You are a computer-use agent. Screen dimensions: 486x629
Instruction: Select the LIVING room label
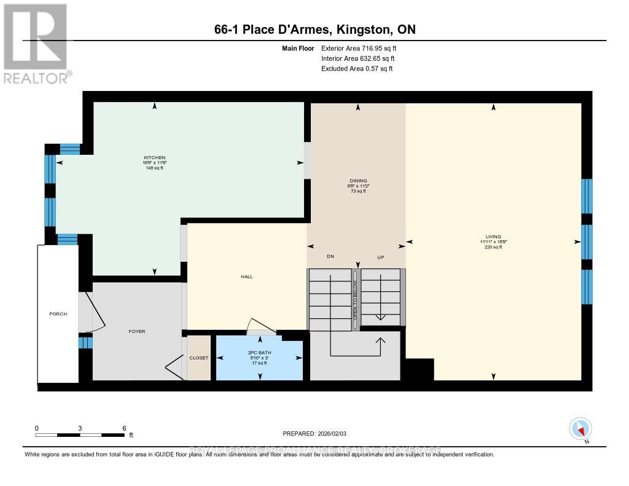coord(493,237)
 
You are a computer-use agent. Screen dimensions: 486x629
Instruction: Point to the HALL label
coord(246,276)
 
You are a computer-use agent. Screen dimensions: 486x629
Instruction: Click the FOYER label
coord(137,331)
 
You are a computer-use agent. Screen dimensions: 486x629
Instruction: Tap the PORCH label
coord(58,314)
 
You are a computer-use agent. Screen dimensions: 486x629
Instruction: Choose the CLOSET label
coord(199,358)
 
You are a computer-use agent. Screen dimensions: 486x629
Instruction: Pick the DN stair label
coord(330,257)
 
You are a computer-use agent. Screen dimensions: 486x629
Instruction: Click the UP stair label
coord(380,257)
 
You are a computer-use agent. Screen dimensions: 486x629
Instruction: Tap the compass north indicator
coord(580,428)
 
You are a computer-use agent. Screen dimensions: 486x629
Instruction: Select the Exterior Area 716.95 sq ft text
coord(363,48)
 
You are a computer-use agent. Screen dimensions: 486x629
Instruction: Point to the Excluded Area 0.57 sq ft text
coord(357,69)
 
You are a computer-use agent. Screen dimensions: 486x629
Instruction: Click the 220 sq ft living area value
coord(493,247)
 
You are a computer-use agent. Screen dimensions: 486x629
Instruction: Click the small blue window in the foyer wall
coord(85,342)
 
